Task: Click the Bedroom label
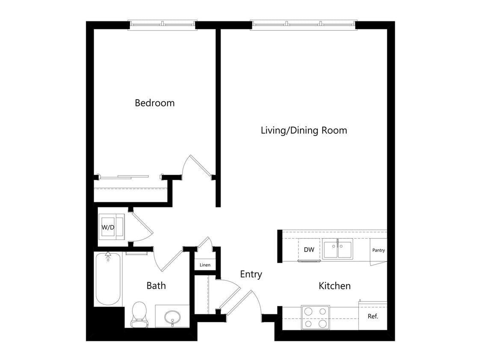[x=155, y=103]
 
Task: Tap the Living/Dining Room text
[x=304, y=130]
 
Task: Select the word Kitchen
[x=334, y=286]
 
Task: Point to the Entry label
[x=251, y=274]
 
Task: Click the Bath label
[x=156, y=286]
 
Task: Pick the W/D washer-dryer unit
[x=112, y=227]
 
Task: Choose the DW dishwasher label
[x=309, y=250]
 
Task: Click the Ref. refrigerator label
[x=373, y=316]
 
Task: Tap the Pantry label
[x=378, y=250]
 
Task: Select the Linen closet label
[x=205, y=265]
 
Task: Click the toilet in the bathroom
[x=139, y=314]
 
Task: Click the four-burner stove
[x=316, y=317]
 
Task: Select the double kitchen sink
[x=337, y=249]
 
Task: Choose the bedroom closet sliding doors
[x=124, y=177]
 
